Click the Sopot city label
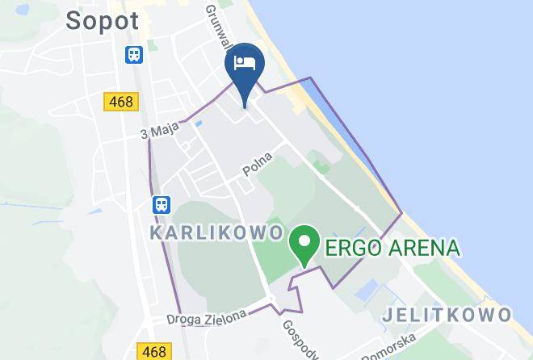[102, 20]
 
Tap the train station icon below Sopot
[133, 54]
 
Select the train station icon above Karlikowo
[162, 204]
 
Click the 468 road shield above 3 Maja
[121, 102]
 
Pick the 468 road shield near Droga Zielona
[154, 351]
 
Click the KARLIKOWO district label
[215, 232]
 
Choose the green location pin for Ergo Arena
[304, 245]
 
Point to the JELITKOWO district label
[447, 313]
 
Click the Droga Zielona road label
[208, 317]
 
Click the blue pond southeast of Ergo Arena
[367, 288]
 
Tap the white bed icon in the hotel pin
[245, 63]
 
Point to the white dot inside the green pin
[304, 240]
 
